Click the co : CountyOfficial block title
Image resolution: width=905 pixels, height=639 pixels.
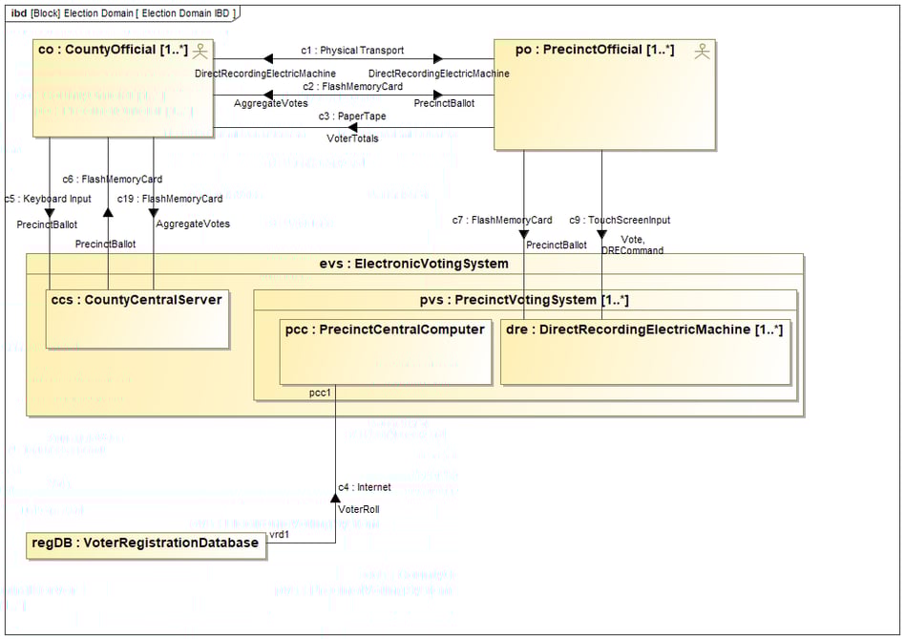(x=112, y=50)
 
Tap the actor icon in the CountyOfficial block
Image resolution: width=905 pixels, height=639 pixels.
(x=200, y=52)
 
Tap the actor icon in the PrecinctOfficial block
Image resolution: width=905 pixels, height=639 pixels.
(x=702, y=52)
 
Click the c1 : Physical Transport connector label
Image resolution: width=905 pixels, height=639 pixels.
(x=352, y=50)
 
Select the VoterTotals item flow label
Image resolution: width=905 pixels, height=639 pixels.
(x=352, y=138)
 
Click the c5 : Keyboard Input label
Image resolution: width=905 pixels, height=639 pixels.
(x=48, y=200)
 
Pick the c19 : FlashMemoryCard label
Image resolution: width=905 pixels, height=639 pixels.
(x=170, y=200)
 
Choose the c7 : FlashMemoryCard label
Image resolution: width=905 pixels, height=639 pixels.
(x=502, y=221)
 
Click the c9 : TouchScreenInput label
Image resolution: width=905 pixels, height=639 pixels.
(x=620, y=221)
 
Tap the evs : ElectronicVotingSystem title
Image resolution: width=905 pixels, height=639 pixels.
(x=413, y=265)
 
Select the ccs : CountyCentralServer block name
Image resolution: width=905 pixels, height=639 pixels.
(x=137, y=300)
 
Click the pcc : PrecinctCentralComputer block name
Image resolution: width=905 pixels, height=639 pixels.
(x=385, y=330)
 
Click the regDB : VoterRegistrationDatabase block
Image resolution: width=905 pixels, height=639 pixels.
(x=146, y=543)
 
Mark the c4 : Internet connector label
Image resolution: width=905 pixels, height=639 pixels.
(x=365, y=487)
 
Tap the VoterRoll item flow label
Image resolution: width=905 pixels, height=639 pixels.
(x=359, y=509)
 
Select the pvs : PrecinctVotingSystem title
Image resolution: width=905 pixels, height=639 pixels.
(x=524, y=300)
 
